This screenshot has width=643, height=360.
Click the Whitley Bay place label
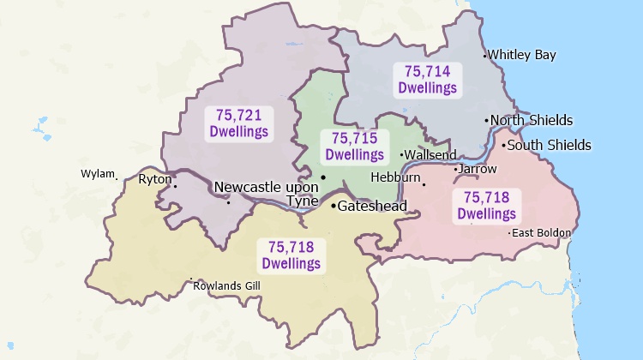pyautogui.click(x=522, y=55)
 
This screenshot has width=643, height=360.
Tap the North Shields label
pyautogui.click(x=532, y=120)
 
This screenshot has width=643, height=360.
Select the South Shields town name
pyautogui.click(x=549, y=145)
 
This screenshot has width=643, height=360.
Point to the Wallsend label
pyautogui.click(x=430, y=155)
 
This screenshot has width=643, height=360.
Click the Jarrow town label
pyautogui.click(x=478, y=169)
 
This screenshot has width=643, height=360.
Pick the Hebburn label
pyautogui.click(x=395, y=177)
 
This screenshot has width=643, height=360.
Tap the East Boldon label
pyautogui.click(x=541, y=232)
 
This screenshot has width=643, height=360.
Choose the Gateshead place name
pyautogui.click(x=372, y=206)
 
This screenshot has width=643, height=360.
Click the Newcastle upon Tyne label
pyautogui.click(x=266, y=194)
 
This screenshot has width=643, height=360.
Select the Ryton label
pyautogui.click(x=154, y=179)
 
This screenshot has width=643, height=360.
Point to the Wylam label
pyautogui.click(x=97, y=173)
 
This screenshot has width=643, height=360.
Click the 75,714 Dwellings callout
pyautogui.click(x=426, y=80)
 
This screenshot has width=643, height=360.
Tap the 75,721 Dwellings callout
pyautogui.click(x=238, y=123)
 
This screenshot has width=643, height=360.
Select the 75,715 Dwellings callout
pyautogui.click(x=354, y=147)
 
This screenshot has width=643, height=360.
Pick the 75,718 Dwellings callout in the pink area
pyautogui.click(x=486, y=206)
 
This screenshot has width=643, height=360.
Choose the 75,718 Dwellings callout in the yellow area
pyautogui.click(x=291, y=255)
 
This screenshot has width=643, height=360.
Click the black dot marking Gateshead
pyautogui.click(x=334, y=206)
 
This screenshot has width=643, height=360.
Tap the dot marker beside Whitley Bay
pyautogui.click(x=485, y=56)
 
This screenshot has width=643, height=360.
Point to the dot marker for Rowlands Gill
pyautogui.click(x=190, y=279)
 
